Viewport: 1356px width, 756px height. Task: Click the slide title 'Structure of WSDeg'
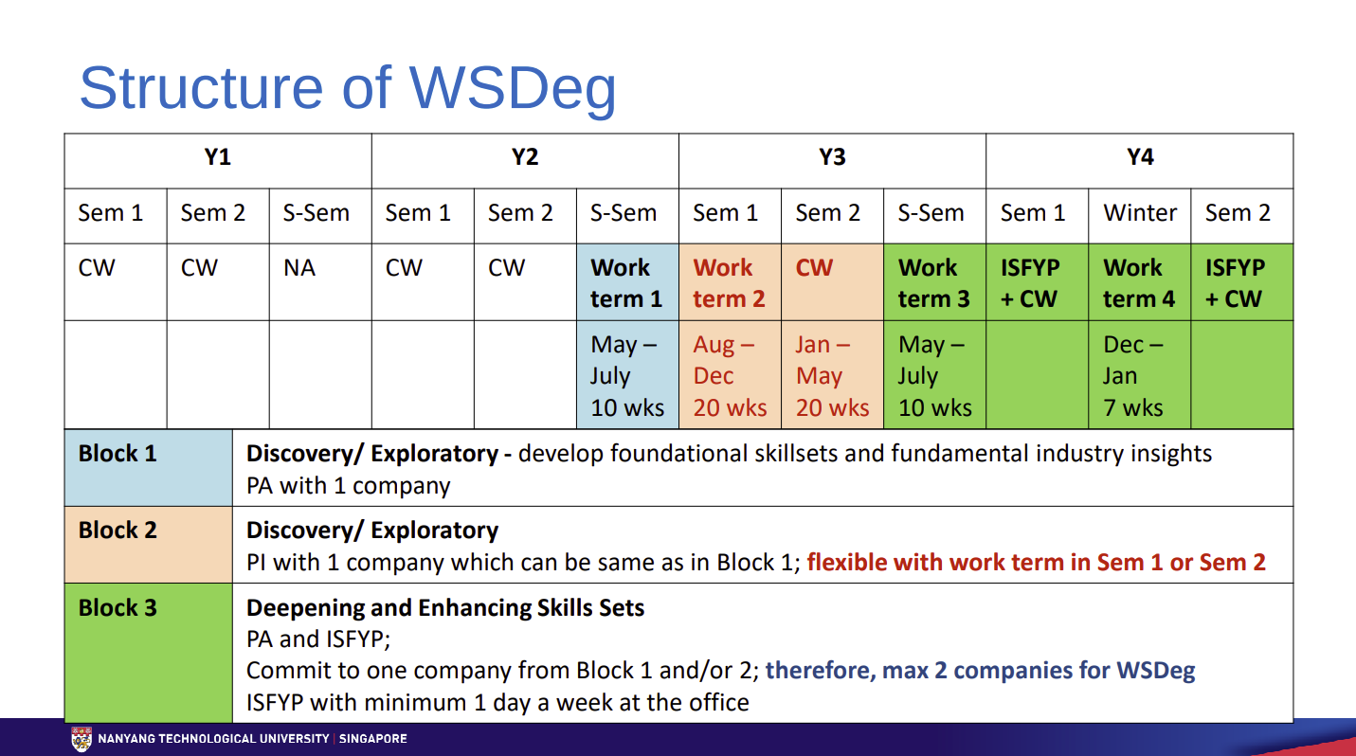click(x=347, y=87)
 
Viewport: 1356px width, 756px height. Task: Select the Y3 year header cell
click(x=832, y=158)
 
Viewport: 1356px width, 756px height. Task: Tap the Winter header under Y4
click(x=1139, y=213)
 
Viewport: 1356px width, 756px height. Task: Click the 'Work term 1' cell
click(x=626, y=283)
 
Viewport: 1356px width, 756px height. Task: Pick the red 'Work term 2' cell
click(x=729, y=283)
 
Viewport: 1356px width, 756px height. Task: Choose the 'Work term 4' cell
click(x=1138, y=283)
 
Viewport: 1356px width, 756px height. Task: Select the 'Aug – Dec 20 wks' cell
click(x=729, y=376)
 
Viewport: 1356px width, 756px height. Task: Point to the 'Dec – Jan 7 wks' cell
click(x=1138, y=376)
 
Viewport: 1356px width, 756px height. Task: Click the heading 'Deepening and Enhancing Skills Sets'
click(x=445, y=608)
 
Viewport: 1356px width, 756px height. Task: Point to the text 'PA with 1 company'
click(x=348, y=486)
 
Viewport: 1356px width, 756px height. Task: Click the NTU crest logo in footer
click(x=82, y=739)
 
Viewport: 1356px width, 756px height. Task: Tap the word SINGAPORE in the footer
click(x=372, y=739)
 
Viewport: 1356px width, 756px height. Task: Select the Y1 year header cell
click(x=218, y=158)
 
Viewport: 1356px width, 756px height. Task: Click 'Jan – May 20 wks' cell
click(x=831, y=376)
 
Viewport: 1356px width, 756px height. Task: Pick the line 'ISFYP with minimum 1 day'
click(x=497, y=703)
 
